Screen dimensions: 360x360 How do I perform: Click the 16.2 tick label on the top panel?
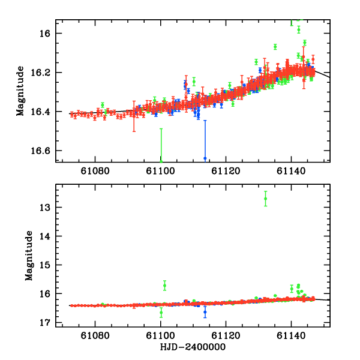point(43,73)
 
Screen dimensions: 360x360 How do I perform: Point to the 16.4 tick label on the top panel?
point(43,112)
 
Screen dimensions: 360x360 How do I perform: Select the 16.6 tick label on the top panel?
point(43,151)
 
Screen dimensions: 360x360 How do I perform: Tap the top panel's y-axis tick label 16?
point(47,34)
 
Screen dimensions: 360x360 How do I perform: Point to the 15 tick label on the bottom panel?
point(47,265)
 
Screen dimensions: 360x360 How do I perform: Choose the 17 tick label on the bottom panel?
point(47,322)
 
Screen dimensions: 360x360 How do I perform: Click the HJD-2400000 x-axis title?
point(193,347)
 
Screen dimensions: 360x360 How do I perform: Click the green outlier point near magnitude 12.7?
point(265,199)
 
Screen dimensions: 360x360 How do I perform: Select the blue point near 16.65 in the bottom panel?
point(205,311)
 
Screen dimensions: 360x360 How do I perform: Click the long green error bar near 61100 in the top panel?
point(161,144)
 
